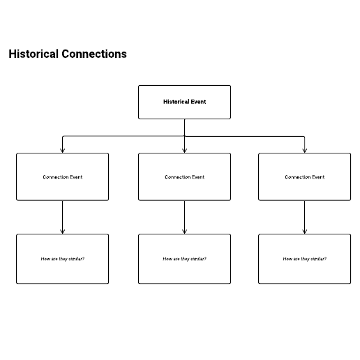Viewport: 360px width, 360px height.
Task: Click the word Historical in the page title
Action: pyautogui.click(x=33, y=54)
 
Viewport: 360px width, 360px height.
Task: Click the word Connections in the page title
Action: pyautogui.click(x=94, y=54)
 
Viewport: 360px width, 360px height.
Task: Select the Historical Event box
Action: pyautogui.click(x=184, y=102)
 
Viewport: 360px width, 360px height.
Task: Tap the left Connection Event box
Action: pyautogui.click(x=62, y=177)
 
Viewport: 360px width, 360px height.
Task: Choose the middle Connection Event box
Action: pyautogui.click(x=184, y=177)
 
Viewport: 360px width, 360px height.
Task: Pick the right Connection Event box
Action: pyautogui.click(x=304, y=177)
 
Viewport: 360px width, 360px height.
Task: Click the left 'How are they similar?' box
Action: pyautogui.click(x=62, y=259)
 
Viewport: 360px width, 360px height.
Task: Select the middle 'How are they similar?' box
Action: pyautogui.click(x=184, y=259)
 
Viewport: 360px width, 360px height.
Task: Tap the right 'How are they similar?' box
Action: pyautogui.click(x=304, y=259)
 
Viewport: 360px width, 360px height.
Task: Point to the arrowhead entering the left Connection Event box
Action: pyautogui.click(x=62, y=151)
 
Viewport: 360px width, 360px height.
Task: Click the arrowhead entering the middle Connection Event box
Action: pyautogui.click(x=184, y=151)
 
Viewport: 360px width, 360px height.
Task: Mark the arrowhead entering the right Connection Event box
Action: pyautogui.click(x=304, y=151)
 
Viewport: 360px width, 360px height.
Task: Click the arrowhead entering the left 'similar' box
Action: pyautogui.click(x=62, y=232)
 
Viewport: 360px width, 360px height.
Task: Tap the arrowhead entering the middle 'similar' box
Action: pyautogui.click(x=184, y=232)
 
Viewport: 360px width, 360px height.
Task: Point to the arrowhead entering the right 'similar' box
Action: pyautogui.click(x=304, y=232)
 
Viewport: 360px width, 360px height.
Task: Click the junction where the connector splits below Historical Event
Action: pyautogui.click(x=184, y=136)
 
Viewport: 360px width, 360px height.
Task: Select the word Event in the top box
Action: pyautogui.click(x=198, y=102)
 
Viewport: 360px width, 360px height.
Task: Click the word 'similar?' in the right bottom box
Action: pyautogui.click(x=318, y=259)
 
